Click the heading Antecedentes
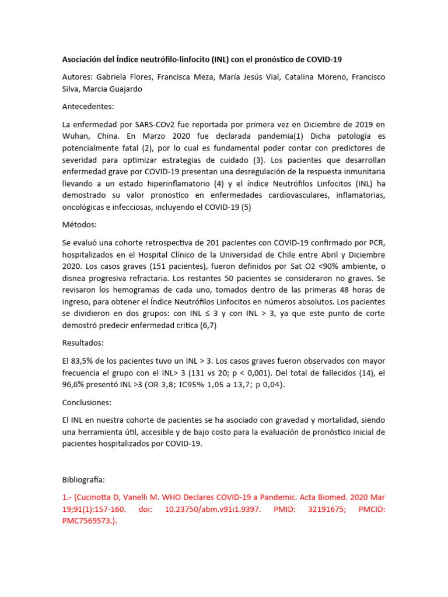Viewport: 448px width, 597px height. [88, 107]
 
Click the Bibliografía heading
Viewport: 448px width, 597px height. [83, 480]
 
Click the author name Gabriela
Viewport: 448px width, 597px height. [113, 77]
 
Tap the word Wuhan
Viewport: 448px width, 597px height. [76, 136]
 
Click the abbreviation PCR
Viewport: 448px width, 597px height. [375, 243]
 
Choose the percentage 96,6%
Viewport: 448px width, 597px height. [76, 384]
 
